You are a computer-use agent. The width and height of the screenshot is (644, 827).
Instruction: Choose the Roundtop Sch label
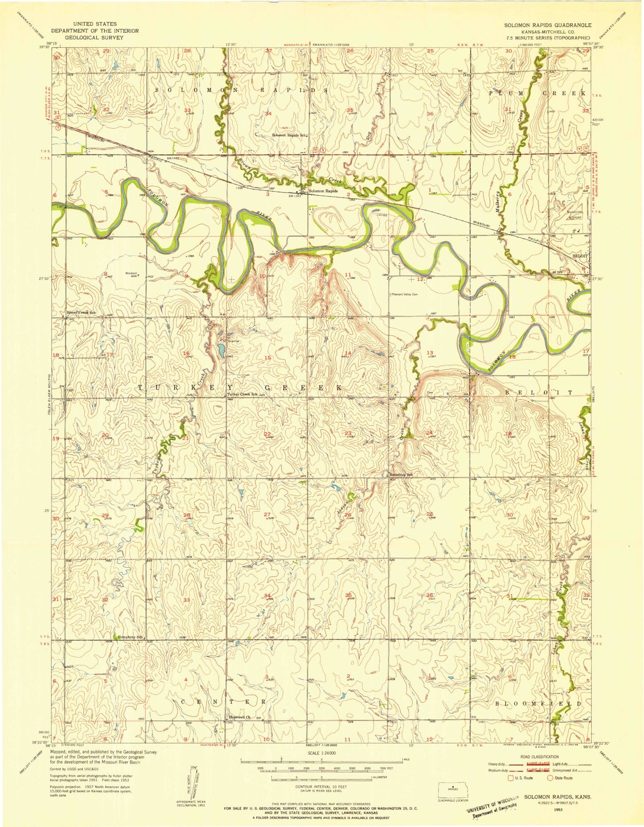point(402,475)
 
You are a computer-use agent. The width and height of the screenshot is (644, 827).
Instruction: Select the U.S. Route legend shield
point(511,778)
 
